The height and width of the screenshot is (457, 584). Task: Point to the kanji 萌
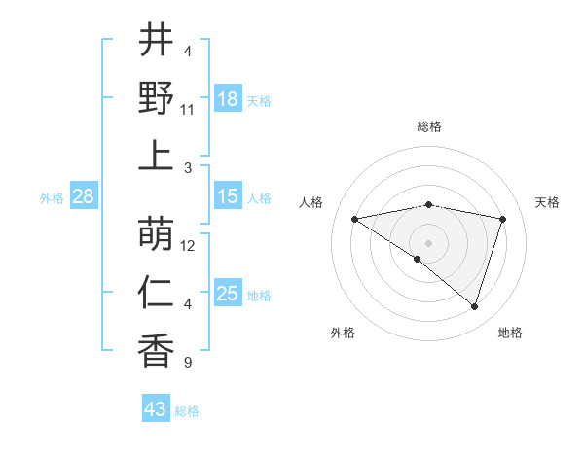tap(156, 233)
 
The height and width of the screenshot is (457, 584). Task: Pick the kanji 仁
tap(156, 292)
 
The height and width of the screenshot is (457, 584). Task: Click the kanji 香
tap(156, 350)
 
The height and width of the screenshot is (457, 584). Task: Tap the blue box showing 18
tap(228, 100)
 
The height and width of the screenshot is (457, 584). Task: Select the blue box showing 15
tap(228, 197)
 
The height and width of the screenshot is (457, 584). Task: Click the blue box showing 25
tap(228, 295)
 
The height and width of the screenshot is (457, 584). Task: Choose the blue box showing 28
tap(83, 197)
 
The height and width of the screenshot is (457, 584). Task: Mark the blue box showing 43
tap(156, 409)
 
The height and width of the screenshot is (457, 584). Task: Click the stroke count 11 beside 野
tap(188, 110)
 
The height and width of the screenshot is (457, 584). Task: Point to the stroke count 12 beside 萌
tap(188, 246)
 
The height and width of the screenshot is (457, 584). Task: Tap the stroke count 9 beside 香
tap(188, 363)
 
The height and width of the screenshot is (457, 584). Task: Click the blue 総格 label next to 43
tap(188, 411)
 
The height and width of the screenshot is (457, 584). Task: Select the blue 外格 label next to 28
tap(52, 198)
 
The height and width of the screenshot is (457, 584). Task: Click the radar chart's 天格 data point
tap(503, 219)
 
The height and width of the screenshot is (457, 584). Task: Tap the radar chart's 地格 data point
tap(474, 307)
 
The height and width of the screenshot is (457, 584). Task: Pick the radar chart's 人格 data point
tap(354, 219)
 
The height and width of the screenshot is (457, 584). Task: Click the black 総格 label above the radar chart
tap(428, 126)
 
